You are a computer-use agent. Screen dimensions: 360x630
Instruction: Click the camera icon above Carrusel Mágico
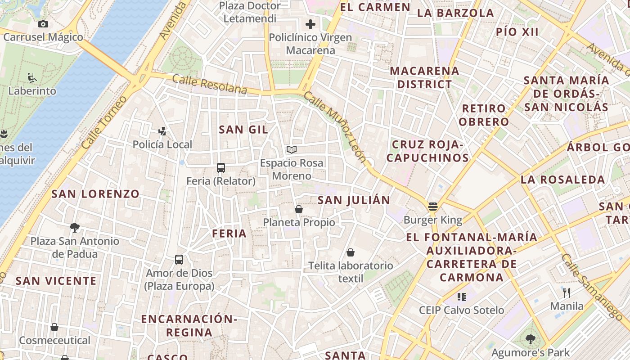tap(43, 24)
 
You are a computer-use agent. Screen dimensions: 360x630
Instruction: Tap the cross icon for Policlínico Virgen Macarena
tap(310, 24)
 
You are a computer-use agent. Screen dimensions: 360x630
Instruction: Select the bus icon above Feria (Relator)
tap(220, 168)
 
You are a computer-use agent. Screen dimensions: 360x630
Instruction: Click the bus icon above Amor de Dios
tap(179, 260)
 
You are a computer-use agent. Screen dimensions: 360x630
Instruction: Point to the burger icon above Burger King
tap(433, 207)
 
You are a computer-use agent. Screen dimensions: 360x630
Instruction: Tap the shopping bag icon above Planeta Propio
tap(298, 209)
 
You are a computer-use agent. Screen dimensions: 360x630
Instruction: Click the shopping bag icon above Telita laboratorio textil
tap(351, 252)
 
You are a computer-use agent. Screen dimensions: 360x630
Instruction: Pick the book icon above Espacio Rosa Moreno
tap(292, 149)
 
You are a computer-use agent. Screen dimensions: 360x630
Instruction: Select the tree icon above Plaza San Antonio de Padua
tap(75, 228)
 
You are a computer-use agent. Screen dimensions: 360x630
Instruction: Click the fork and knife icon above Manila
tap(567, 293)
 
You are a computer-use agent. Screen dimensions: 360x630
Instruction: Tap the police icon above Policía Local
tap(162, 131)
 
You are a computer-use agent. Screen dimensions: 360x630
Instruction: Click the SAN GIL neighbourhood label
tap(243, 130)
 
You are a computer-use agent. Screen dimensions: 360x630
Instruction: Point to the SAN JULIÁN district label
tap(354, 200)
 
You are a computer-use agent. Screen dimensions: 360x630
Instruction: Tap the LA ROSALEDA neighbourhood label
tap(563, 179)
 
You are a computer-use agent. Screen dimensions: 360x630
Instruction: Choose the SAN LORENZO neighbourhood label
tap(95, 194)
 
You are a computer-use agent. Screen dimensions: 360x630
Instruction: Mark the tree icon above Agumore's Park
tap(531, 339)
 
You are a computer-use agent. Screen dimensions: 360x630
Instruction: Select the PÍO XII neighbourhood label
tap(517, 31)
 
